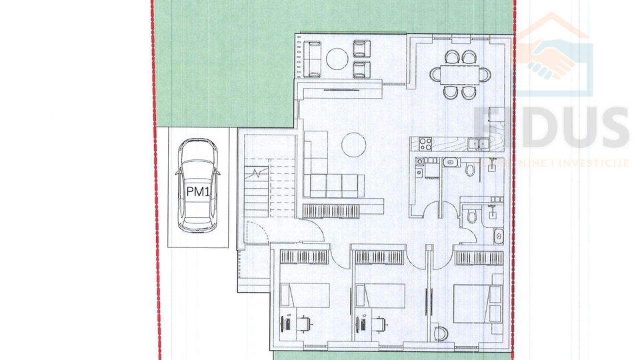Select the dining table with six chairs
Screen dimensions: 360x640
[x=458, y=74]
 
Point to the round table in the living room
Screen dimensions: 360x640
[x=353, y=144]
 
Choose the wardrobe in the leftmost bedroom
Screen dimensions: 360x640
[x=305, y=257]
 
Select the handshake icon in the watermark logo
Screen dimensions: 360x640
[x=553, y=60]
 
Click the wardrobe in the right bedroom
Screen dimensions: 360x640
[x=477, y=257]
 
